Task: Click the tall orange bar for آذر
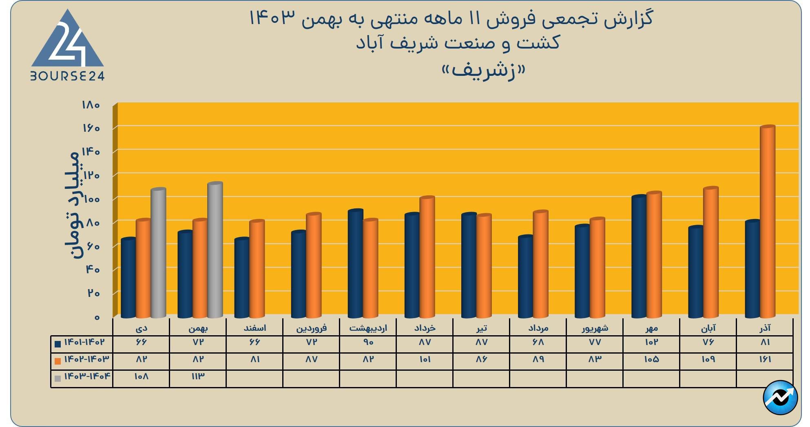coord(767,222)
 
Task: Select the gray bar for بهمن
coord(215,250)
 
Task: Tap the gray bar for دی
coord(158,253)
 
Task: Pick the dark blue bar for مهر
coord(639,257)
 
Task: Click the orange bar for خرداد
coord(427,257)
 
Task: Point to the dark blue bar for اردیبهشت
coord(355,263)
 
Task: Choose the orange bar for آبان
coord(710,252)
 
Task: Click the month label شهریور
coord(595,328)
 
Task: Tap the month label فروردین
coord(311,328)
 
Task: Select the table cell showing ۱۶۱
coord(765,360)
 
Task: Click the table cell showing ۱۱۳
coord(198,376)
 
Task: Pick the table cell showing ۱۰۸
coord(141,376)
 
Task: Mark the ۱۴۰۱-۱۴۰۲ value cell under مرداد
coord(538,343)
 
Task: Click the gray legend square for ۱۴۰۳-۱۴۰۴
coord(58,378)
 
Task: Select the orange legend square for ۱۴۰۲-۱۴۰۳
coord(58,361)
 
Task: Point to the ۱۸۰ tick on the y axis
coord(91,105)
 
